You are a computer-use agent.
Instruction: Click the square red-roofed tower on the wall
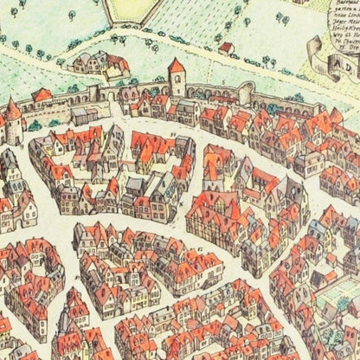coord(177,80)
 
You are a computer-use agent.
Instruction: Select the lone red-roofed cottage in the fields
coord(226,47)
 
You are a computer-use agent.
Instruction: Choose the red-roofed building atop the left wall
coord(41,96)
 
